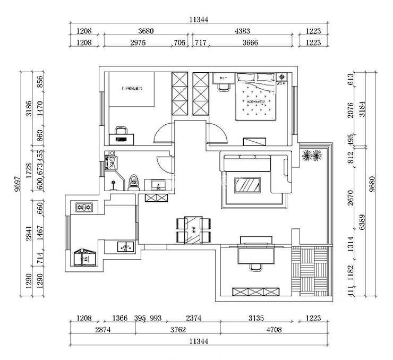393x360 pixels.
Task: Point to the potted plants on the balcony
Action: click(312, 156)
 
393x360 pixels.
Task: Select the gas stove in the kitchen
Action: click(84, 206)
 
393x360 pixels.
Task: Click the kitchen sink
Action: click(124, 246)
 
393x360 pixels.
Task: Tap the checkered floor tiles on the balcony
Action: click(311, 271)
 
